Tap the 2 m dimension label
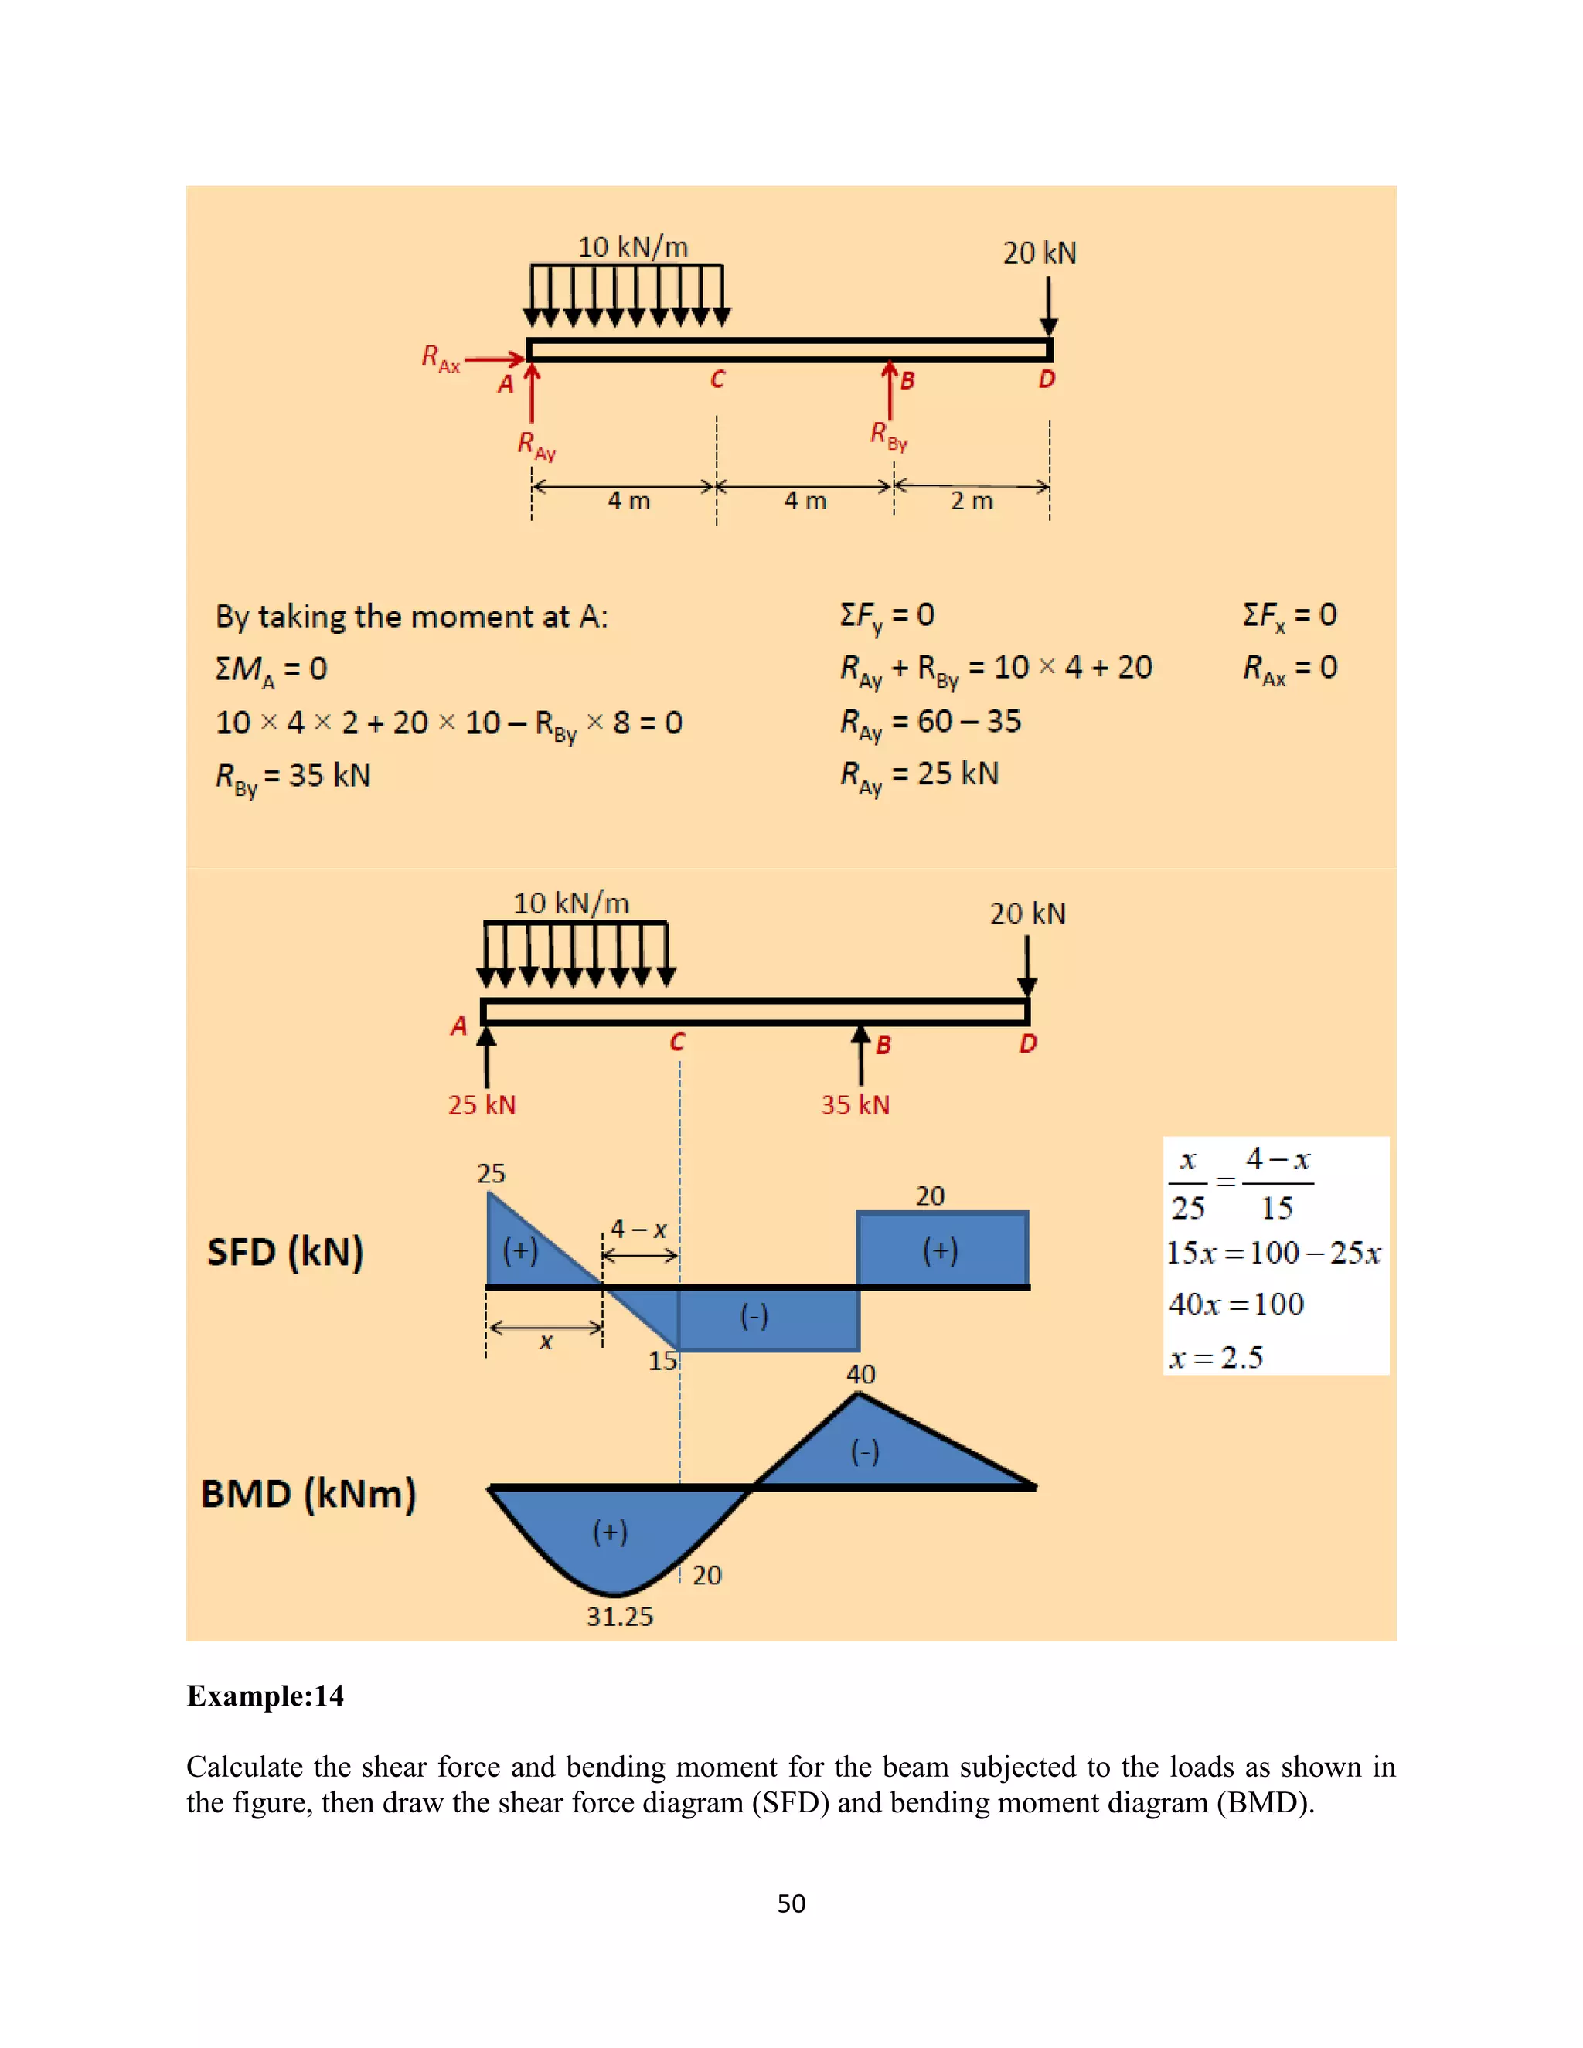tap(972, 501)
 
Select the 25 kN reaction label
tap(481, 1104)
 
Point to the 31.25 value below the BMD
tap(619, 1616)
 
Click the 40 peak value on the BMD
tap(860, 1374)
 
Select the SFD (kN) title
tap(285, 1252)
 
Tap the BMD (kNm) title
tap(308, 1494)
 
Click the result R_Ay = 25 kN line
tap(919, 774)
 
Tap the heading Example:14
tap(265, 1696)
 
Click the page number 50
tap(791, 1903)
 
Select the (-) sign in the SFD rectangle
tap(754, 1317)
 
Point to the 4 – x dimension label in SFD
tap(638, 1229)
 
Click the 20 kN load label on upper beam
tap(1039, 253)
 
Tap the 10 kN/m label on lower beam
tap(570, 903)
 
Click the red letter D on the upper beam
tap(1047, 379)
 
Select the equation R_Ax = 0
tap(1289, 668)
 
